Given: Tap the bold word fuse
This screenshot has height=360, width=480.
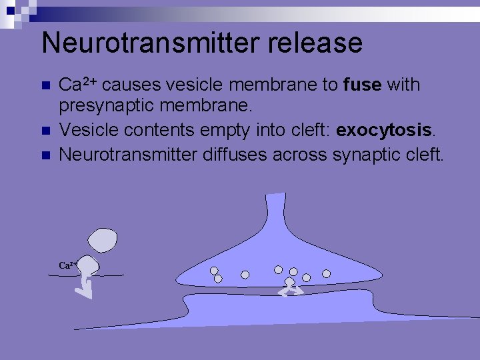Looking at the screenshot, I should [361, 85].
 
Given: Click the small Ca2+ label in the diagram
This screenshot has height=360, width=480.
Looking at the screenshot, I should [67, 265].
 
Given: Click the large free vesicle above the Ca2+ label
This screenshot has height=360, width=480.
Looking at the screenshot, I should [103, 239].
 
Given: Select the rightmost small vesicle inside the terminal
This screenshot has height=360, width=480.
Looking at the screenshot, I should [327, 273].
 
